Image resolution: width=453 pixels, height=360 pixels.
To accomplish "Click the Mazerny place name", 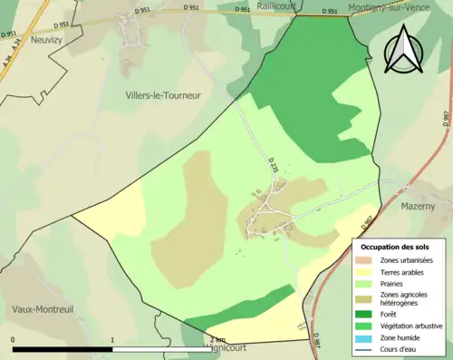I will pyautogui.click(x=418, y=207).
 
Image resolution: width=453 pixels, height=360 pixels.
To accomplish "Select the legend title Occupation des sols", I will pyautogui.click(x=395, y=247).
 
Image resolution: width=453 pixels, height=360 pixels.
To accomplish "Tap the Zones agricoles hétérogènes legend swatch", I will pyautogui.click(x=366, y=297).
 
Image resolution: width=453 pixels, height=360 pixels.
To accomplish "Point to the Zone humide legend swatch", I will pyautogui.click(x=366, y=337).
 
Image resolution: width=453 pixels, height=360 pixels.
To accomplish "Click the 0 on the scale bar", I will pyautogui.click(x=14, y=341).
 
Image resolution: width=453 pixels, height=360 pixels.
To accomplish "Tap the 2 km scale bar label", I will pyautogui.click(x=217, y=341).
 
